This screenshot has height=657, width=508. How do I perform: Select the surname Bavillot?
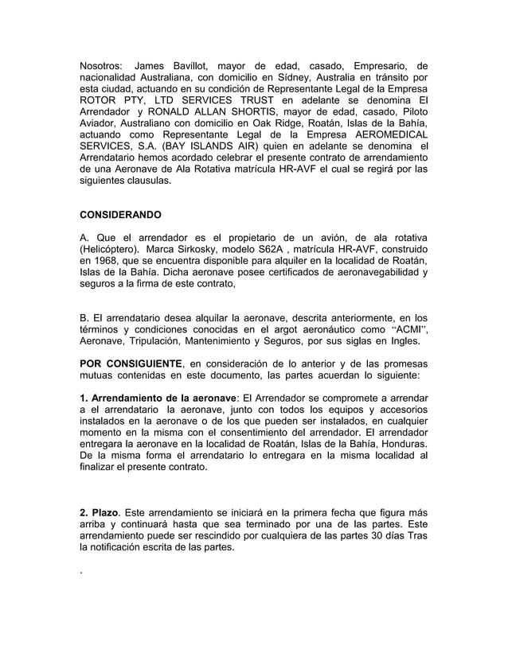tap(208, 65)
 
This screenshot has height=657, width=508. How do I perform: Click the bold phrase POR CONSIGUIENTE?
tap(133, 364)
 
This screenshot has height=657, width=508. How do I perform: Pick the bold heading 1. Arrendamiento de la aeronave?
tap(157, 397)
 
